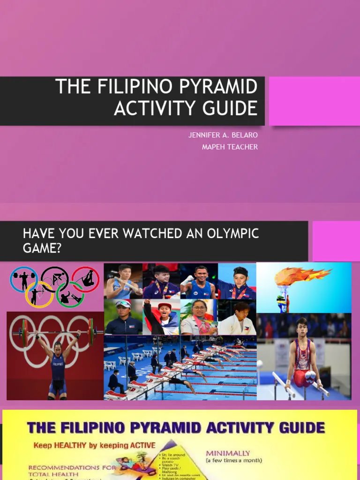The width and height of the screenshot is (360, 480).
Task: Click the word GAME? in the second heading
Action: [x=42, y=247]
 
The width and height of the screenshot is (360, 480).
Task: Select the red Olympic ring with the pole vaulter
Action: [x=86, y=279]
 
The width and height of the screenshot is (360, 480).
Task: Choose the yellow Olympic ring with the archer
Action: [x=39, y=295]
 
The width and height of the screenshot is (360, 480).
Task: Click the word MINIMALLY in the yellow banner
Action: [x=228, y=453]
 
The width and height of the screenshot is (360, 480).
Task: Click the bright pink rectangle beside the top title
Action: [x=314, y=101]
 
